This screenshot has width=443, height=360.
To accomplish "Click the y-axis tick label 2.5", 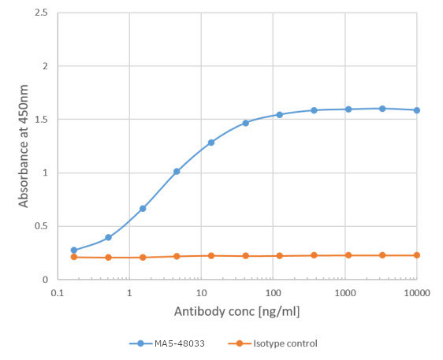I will (39, 13).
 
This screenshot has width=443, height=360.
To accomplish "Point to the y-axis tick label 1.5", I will (39, 120).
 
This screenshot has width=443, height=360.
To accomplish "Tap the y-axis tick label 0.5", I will (39, 227).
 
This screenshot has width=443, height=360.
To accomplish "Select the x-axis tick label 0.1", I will (57, 291).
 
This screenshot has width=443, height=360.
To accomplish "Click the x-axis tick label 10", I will (201, 291).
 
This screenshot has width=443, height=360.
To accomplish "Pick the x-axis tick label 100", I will (273, 291).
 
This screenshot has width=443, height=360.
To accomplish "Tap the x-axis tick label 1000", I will (344, 291).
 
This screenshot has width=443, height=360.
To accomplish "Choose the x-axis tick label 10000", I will (416, 291).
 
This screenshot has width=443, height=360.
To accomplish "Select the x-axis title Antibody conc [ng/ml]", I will (236, 312).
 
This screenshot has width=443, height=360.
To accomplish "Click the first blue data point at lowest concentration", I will (74, 251).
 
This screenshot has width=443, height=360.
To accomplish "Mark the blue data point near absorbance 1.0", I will (177, 171).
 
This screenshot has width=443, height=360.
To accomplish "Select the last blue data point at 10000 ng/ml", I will (416, 110).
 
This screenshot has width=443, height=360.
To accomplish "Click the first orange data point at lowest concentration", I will (74, 257).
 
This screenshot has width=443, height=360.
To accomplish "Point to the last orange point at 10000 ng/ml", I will (416, 255).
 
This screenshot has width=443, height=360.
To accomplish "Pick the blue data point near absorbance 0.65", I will (143, 209).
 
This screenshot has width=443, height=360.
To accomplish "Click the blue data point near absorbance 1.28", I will (211, 143).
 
